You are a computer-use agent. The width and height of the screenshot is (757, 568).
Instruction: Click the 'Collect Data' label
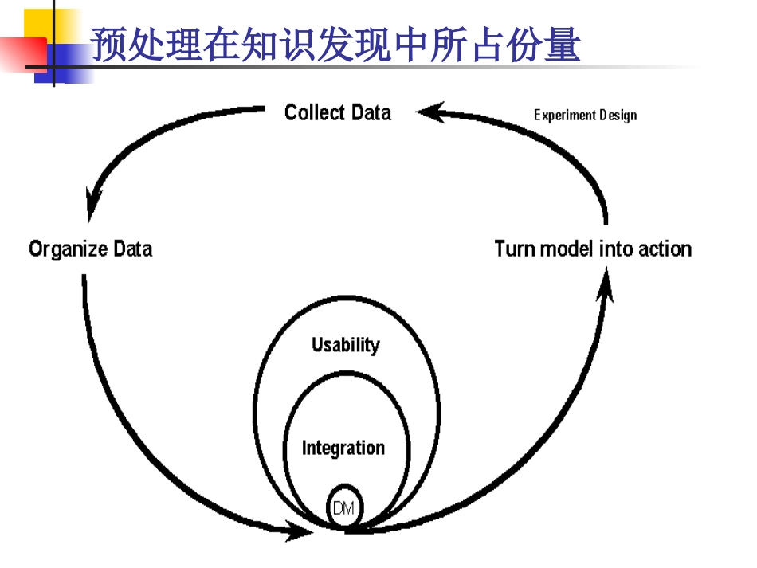point(338,112)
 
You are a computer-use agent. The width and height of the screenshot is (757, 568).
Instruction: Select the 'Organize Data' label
point(90,249)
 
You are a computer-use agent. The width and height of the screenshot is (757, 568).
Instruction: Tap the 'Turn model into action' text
point(593,249)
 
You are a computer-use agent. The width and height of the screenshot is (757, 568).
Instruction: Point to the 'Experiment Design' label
point(585,115)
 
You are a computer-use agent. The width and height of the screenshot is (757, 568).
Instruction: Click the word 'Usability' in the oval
point(345,345)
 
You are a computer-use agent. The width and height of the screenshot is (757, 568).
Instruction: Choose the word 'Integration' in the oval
point(343,448)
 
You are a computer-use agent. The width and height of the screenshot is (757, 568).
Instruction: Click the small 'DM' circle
point(345,506)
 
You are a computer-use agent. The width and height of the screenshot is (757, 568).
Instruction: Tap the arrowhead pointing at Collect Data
point(427,112)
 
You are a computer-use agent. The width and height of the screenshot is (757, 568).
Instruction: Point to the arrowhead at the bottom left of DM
point(303,530)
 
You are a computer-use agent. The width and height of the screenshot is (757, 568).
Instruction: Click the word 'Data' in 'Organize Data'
point(131,249)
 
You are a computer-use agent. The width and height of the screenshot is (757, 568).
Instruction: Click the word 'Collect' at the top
point(314,112)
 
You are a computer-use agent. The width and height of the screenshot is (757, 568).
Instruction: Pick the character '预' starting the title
point(105,44)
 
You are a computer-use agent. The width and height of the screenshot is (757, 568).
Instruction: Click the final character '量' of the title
point(563,44)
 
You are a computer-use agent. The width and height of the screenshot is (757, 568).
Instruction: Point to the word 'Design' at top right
point(618,115)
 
